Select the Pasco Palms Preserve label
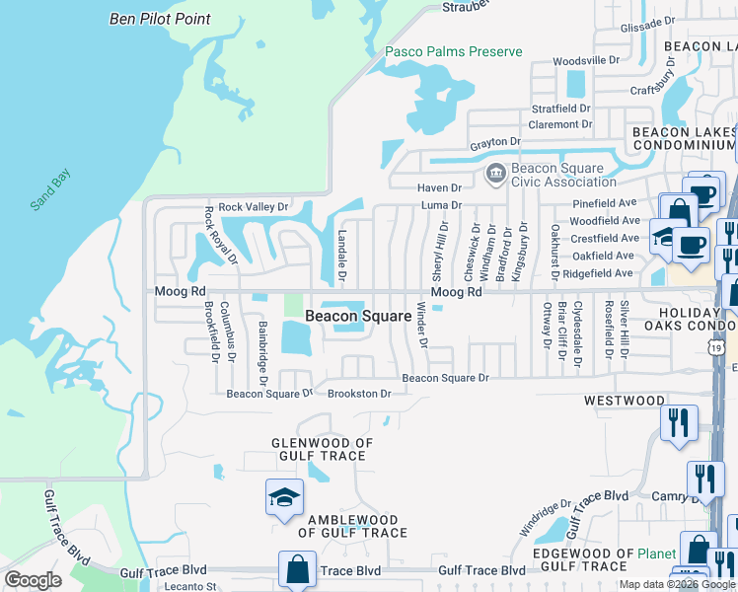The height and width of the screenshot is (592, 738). (x=453, y=51)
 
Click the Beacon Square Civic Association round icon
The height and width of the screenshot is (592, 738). (x=495, y=175)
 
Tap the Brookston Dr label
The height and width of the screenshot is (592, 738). (x=359, y=393)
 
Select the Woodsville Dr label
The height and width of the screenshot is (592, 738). (x=585, y=61)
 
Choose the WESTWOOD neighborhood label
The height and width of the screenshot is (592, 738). (x=624, y=401)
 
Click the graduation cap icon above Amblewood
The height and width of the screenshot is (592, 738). (x=284, y=498)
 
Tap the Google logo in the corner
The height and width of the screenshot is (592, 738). (x=33, y=580)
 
